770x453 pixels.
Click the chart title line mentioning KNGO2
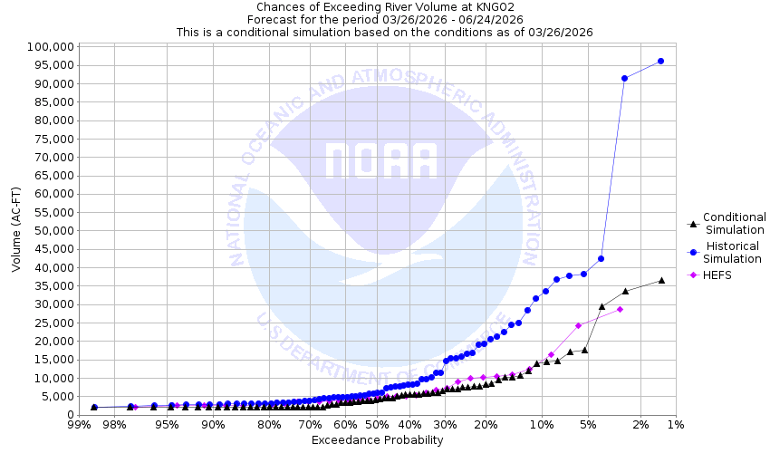(384, 6)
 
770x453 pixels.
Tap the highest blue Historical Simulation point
(660, 61)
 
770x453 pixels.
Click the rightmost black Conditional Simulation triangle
(661, 280)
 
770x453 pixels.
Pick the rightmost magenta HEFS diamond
(621, 309)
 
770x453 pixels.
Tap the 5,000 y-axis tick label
(55, 396)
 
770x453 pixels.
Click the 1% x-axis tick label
(675, 425)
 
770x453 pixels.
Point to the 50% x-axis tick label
(375, 425)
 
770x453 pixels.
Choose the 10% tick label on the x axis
(541, 425)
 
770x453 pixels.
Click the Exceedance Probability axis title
(377, 440)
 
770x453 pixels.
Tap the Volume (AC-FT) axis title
(15, 230)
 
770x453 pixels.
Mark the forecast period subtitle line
(384, 19)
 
